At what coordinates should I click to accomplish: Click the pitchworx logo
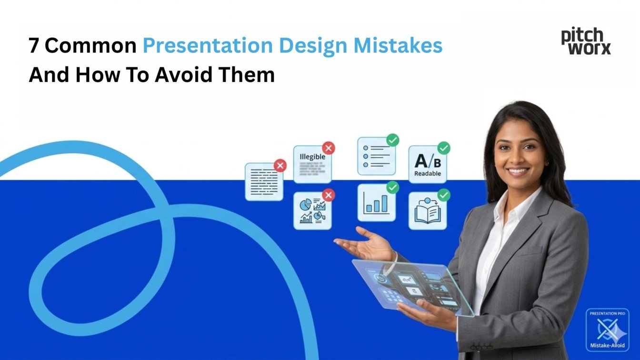tap(585, 41)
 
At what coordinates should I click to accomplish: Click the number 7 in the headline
tap(33, 46)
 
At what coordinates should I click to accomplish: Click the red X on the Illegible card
tap(328, 148)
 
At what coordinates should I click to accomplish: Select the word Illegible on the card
tap(312, 157)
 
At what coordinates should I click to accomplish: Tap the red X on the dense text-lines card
tap(280, 165)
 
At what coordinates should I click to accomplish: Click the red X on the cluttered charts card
tap(328, 195)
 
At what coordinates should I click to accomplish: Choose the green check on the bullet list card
tap(392, 140)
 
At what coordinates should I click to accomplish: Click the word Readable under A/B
tap(427, 174)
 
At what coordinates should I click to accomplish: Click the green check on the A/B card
tap(443, 148)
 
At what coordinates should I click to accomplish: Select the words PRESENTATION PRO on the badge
tap(607, 313)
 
